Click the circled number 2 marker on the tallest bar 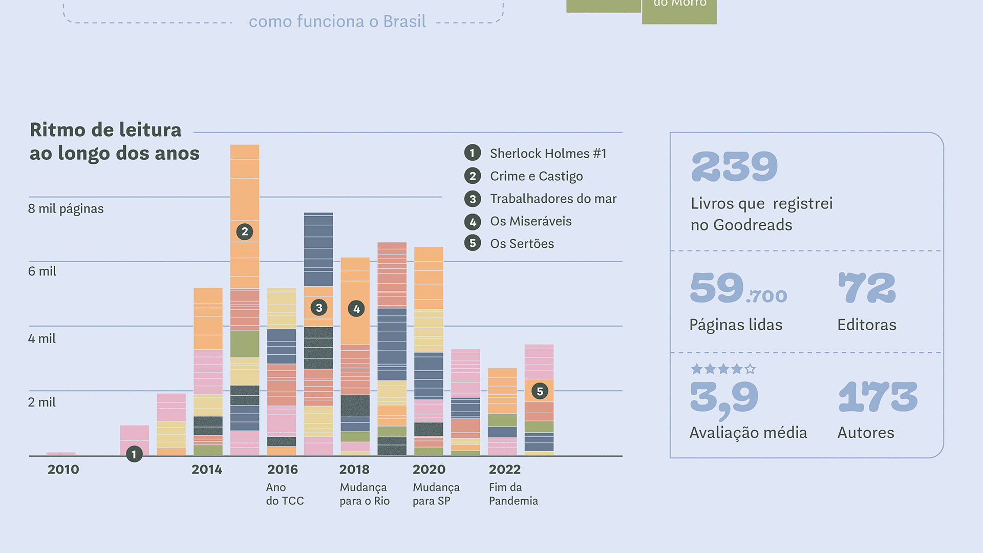coord(245,231)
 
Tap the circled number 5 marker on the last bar coord(540,391)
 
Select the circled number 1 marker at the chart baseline coord(134,454)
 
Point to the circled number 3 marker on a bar coord(319,307)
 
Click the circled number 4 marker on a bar coord(356,308)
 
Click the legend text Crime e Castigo coord(536,176)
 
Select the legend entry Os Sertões coord(522,244)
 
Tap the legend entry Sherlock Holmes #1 coord(548,154)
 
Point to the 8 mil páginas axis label coord(66,209)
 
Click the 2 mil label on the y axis coord(42,402)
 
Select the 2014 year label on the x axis coord(207,470)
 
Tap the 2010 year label coord(63,470)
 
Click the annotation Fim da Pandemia coord(513,494)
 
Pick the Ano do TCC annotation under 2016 coord(285,494)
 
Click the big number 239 coord(734,167)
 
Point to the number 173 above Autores coord(878,397)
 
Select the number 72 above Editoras coord(867,288)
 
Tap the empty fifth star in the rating coord(750,369)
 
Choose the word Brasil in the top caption coord(404,22)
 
